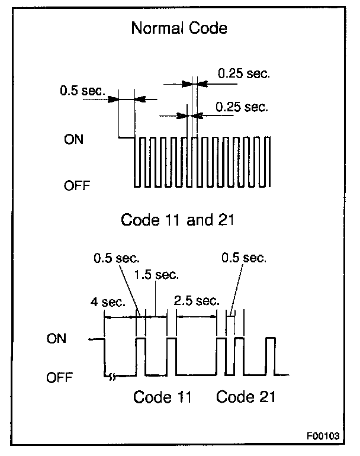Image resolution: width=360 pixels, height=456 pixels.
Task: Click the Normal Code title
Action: click(179, 28)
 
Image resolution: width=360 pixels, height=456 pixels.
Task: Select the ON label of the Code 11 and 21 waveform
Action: click(57, 339)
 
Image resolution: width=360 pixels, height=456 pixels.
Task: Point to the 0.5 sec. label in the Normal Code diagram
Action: click(82, 92)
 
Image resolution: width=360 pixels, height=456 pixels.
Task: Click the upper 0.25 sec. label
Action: click(243, 74)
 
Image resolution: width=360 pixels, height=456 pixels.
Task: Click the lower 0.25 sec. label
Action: click(242, 107)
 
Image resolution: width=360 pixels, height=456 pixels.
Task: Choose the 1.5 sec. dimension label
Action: click(156, 275)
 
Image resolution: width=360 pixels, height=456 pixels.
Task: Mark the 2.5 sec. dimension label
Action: click(197, 301)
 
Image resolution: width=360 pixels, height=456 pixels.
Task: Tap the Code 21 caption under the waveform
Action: click(246, 396)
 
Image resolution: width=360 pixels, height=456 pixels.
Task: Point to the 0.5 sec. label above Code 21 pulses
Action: click(243, 258)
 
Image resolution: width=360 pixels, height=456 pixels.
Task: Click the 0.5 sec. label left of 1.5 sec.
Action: click(116, 258)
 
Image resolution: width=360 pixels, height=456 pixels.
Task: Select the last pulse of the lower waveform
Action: click(271, 356)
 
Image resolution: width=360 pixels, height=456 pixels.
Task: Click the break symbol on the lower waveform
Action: click(110, 375)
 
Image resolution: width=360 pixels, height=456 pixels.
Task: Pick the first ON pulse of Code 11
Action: click(140, 356)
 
